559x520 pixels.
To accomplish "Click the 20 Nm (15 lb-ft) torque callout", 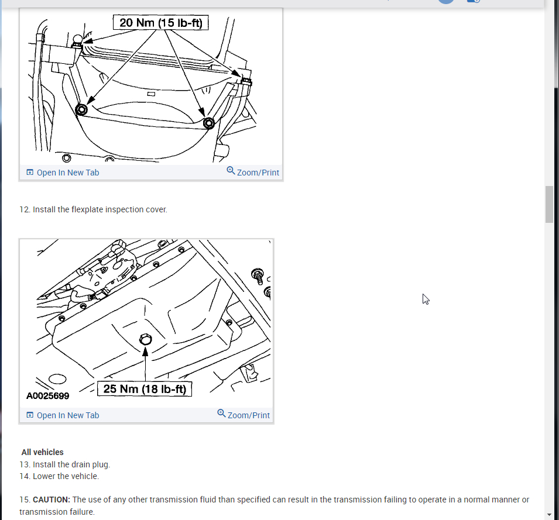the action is [x=161, y=23].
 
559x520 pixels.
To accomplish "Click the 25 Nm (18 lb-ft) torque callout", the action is [x=145, y=389].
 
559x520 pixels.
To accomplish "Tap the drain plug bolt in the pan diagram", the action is [x=145, y=339].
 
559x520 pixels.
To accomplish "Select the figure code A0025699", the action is [x=48, y=395].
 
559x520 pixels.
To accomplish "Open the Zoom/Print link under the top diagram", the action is [x=253, y=172].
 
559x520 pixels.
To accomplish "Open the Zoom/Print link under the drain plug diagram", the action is [x=244, y=415].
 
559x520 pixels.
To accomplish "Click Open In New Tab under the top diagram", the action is [x=63, y=173].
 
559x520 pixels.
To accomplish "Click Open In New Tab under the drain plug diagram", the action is [x=63, y=415].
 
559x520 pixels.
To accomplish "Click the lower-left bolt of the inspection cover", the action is [x=81, y=110].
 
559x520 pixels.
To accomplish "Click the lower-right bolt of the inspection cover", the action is [x=209, y=123].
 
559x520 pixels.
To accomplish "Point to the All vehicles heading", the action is [x=42, y=452].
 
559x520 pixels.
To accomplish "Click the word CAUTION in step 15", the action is [x=52, y=500].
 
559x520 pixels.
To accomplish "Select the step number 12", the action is [x=25, y=209].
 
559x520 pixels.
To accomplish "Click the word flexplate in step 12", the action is [x=87, y=209].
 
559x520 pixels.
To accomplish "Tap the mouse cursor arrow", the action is [x=426, y=299].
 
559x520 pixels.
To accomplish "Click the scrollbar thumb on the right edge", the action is [x=549, y=205].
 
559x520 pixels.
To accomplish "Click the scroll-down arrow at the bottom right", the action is [x=549, y=515].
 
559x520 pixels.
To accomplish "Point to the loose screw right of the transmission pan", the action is [x=258, y=277].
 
